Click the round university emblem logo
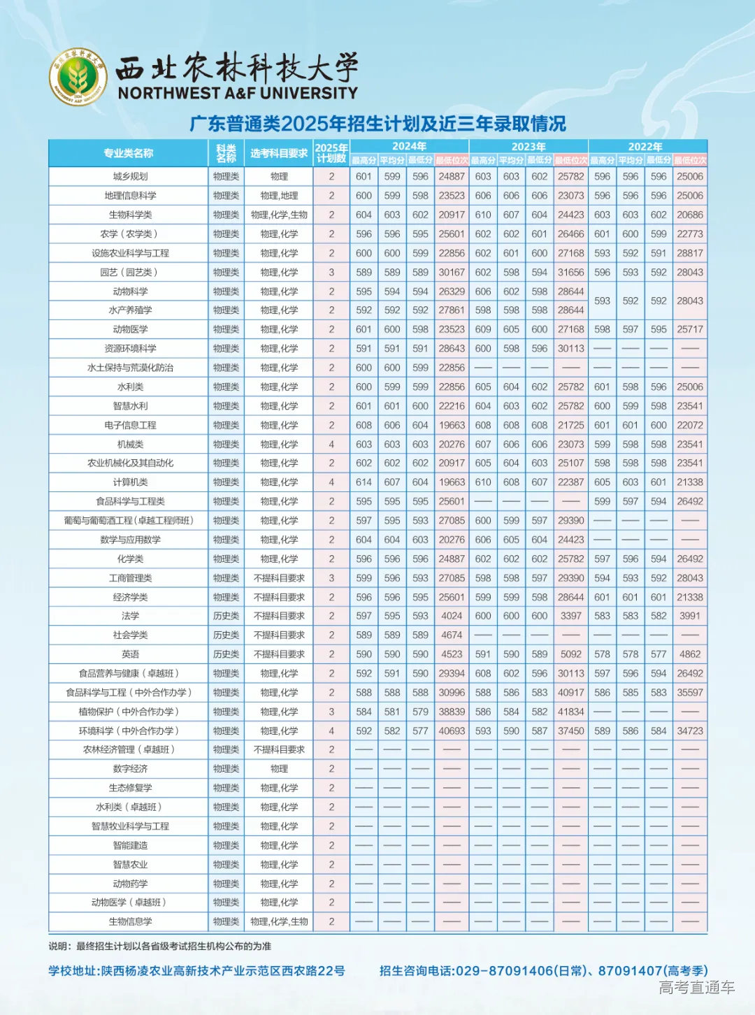click(78, 77)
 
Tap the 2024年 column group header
click(409, 146)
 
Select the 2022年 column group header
click(645, 146)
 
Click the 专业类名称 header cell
click(128, 153)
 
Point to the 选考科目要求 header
click(279, 153)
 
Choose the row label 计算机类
click(130, 482)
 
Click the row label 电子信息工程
click(130, 425)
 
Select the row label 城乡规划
click(130, 177)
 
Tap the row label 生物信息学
click(130, 922)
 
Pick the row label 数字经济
click(130, 769)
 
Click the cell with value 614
click(364, 482)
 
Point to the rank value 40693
click(452, 731)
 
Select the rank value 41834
click(570, 712)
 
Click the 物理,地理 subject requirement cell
click(279, 196)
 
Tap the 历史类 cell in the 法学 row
click(226, 616)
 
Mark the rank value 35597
click(689, 693)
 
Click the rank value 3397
click(570, 616)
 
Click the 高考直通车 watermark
click(696, 987)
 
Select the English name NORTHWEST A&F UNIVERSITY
click(238, 93)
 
